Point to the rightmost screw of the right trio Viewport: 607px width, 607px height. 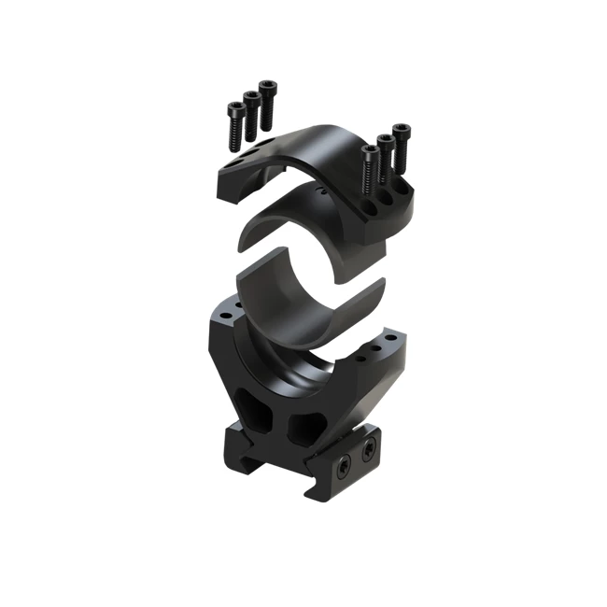[402, 143]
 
